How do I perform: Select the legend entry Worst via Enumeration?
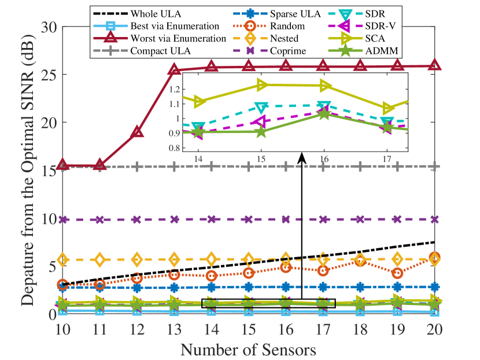(x=178, y=38)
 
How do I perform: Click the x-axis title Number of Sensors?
(x=249, y=350)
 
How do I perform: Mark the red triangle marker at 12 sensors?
(x=137, y=132)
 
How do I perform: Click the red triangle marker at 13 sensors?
(x=174, y=70)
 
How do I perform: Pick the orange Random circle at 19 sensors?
(x=397, y=273)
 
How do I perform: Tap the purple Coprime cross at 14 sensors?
(x=212, y=220)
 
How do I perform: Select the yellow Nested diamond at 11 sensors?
(x=100, y=260)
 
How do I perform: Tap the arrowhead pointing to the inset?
(x=302, y=157)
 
